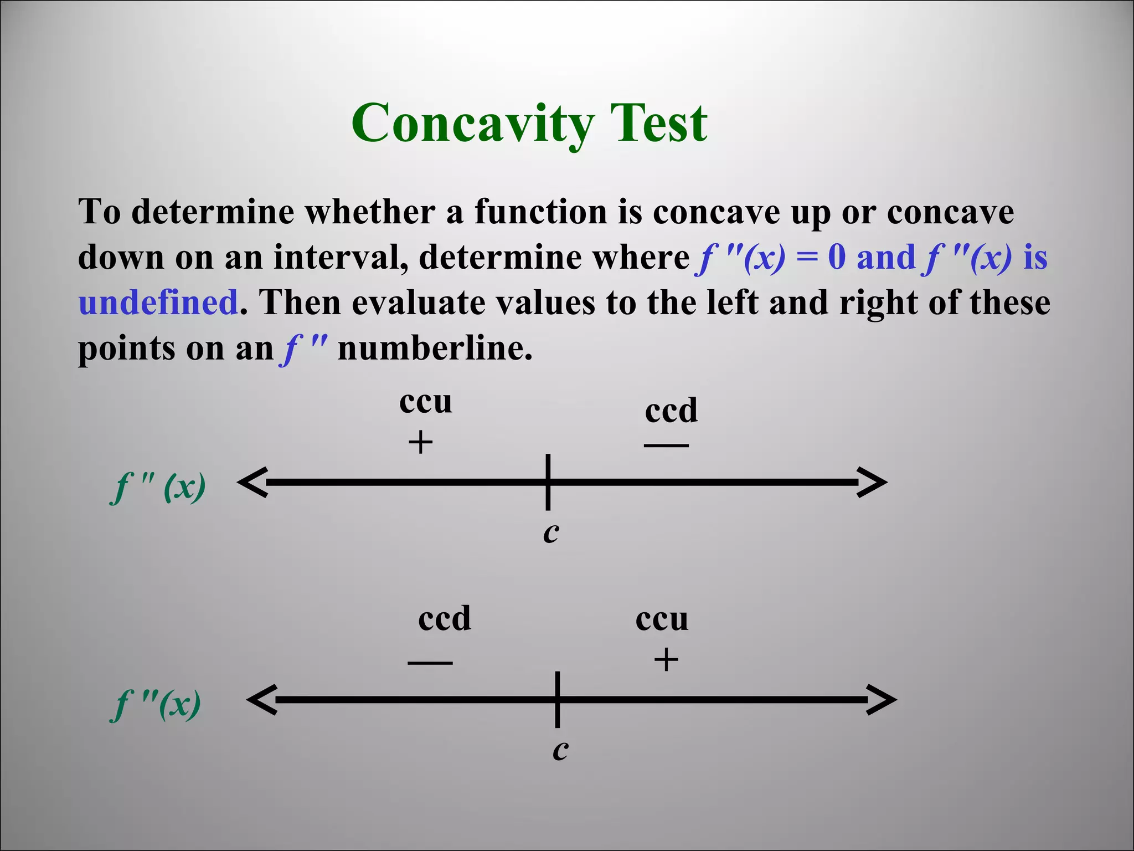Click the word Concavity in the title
(473, 123)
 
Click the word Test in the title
(658, 123)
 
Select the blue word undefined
(158, 303)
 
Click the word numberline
(435, 349)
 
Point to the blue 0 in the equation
(837, 257)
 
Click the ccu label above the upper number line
(425, 402)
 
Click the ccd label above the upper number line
(671, 411)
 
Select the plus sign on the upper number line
(420, 443)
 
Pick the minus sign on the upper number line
(666, 445)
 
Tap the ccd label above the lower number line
(444, 619)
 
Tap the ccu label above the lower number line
(662, 619)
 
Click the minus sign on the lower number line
(430, 663)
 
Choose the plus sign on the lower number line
(666, 660)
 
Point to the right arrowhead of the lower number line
(882, 700)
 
